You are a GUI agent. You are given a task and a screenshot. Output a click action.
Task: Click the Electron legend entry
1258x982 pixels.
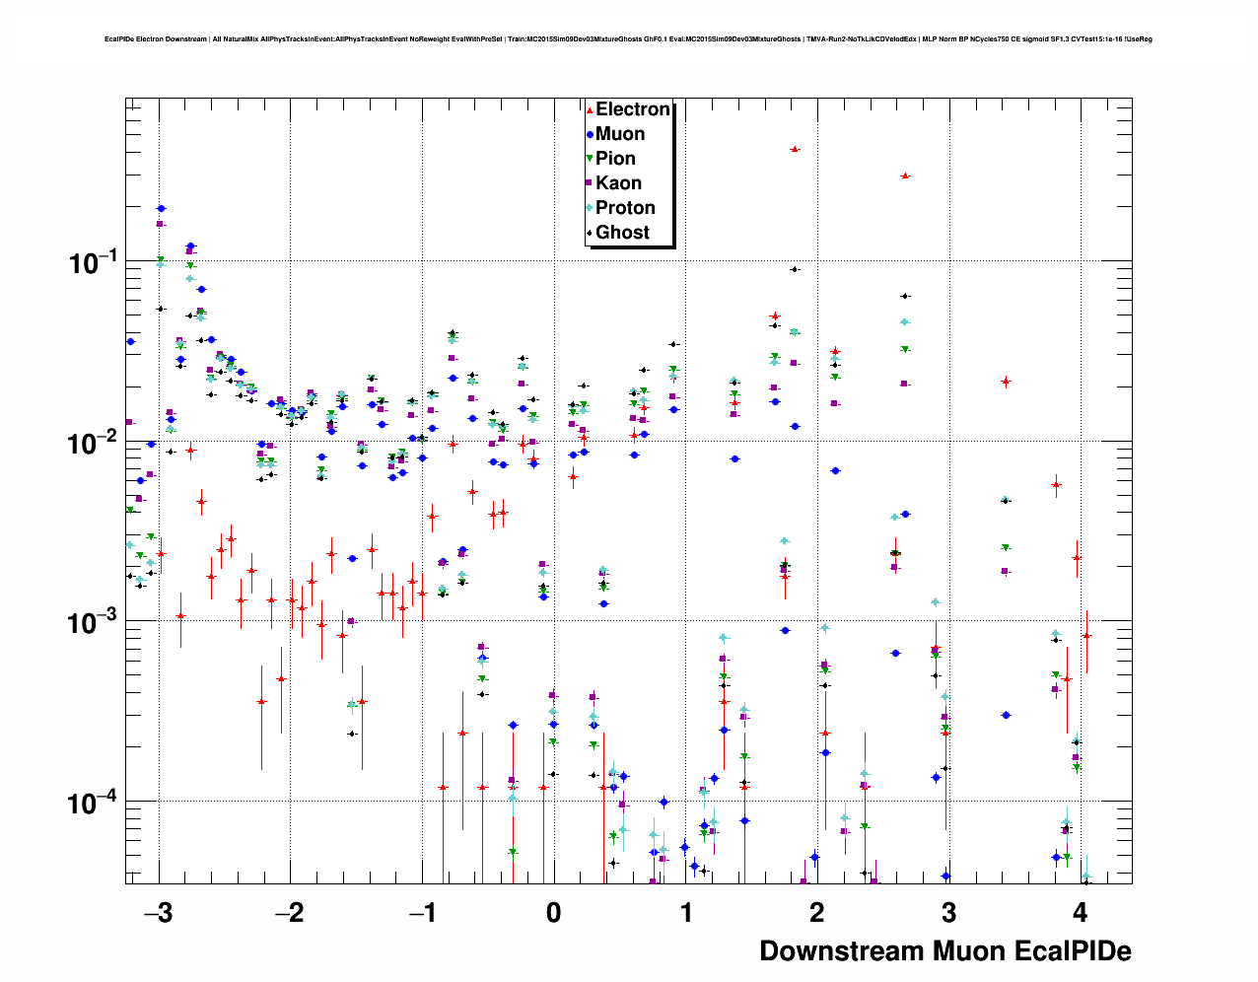point(632,109)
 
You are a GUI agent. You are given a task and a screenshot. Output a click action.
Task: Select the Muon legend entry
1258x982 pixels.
point(619,134)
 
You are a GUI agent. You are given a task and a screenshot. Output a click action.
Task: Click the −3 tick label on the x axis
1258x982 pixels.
point(158,913)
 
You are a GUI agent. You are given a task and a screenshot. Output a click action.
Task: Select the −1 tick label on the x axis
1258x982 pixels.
point(422,913)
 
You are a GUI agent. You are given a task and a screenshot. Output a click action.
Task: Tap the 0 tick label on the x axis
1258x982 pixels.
point(553,913)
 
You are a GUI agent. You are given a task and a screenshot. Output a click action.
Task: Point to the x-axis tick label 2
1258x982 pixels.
point(817,913)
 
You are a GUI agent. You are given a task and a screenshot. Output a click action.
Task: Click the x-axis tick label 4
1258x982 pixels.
point(1081,913)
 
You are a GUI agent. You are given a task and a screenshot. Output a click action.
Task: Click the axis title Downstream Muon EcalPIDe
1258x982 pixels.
point(944,951)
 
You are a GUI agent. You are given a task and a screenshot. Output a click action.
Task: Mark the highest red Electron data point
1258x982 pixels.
point(795,149)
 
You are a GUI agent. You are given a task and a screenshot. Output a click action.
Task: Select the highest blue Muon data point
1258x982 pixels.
point(161,208)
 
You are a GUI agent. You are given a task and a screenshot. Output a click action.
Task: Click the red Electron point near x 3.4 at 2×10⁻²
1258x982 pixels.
point(1006,381)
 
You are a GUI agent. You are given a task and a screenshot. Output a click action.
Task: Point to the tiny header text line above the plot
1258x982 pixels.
point(628,39)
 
